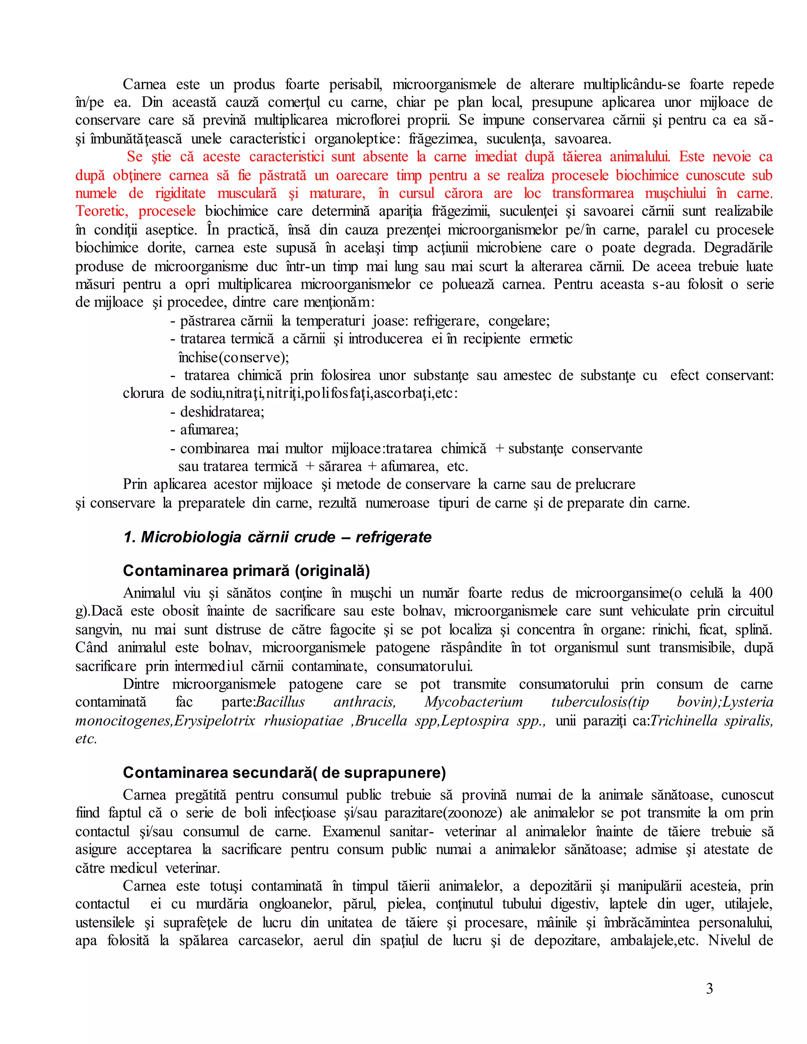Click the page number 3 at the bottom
pos(709,988)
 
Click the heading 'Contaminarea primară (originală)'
pos(246,570)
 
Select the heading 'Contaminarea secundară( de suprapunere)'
pos(284,772)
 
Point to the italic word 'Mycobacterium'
pos(473,702)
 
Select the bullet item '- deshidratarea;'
pos(218,412)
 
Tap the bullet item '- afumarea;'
pos(205,430)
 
